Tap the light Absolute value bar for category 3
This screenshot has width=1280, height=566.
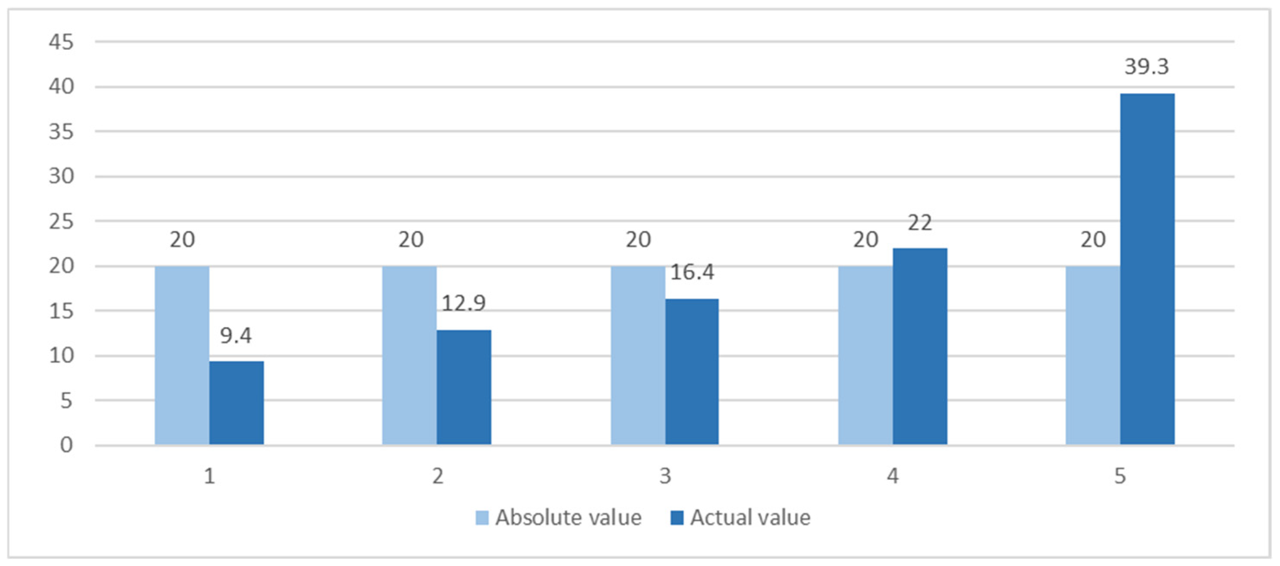[x=637, y=355]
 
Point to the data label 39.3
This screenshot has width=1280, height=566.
[x=1147, y=67]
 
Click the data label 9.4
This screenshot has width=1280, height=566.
[x=236, y=336]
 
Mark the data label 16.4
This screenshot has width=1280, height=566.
[x=692, y=272]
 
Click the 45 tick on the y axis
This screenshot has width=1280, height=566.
[x=61, y=42]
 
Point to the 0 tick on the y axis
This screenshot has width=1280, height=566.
[x=66, y=445]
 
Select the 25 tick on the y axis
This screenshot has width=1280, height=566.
[x=61, y=221]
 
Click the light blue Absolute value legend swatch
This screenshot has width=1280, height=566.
[x=481, y=518]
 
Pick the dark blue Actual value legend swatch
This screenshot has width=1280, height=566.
[x=677, y=518]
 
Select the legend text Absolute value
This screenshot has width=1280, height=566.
[x=568, y=518]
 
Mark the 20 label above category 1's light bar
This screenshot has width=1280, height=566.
[x=182, y=240]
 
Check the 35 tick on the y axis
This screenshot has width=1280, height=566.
[x=61, y=132]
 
